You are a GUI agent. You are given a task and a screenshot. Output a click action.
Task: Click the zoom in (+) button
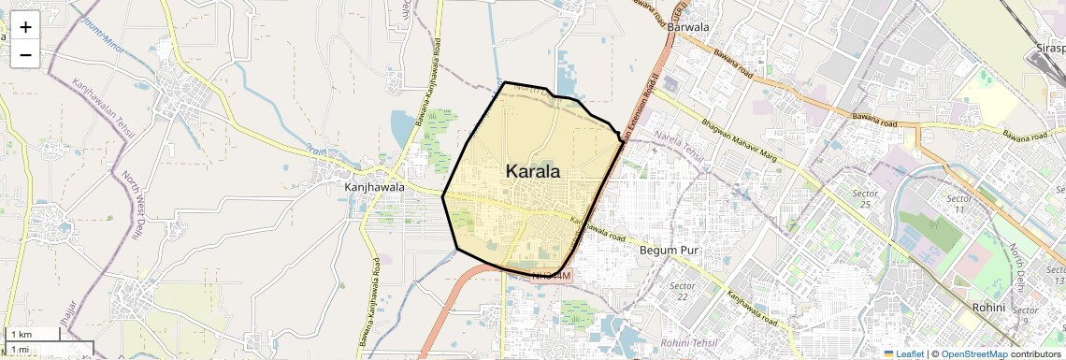25,27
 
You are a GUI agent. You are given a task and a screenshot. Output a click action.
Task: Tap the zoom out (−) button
25,54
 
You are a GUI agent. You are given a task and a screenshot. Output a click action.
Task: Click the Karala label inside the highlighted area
533,171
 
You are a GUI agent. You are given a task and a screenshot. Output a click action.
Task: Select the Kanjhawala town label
374,187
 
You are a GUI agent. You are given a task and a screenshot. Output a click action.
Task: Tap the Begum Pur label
670,251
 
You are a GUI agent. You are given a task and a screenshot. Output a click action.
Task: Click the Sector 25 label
863,198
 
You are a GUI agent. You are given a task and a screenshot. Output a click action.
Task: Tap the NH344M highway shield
550,276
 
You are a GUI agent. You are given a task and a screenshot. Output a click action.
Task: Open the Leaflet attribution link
904,353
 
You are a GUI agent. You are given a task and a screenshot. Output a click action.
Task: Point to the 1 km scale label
21,334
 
